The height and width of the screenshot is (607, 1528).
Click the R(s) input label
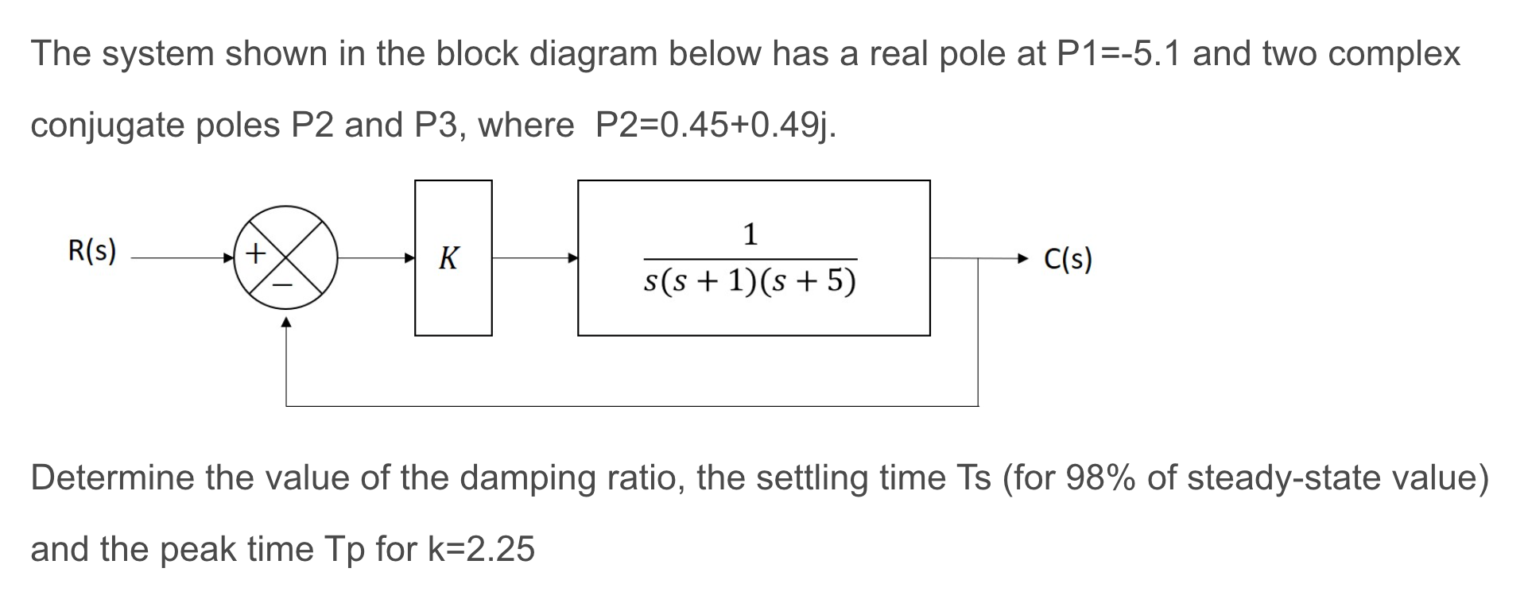click(x=92, y=252)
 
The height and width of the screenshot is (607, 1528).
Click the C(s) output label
click(x=1068, y=259)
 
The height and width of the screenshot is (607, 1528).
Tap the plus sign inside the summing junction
click(x=254, y=253)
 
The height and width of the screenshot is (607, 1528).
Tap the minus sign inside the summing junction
click(x=284, y=284)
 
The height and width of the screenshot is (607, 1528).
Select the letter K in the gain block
click(x=449, y=258)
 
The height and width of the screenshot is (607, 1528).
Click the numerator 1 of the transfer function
click(x=750, y=234)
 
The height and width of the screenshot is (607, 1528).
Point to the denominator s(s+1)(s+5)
click(x=750, y=281)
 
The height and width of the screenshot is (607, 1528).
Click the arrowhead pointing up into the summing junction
click(x=286, y=322)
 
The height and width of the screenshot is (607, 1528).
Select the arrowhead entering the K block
click(x=409, y=258)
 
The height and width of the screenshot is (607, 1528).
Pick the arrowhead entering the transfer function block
click(x=572, y=258)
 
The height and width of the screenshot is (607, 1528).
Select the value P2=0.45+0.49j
click(x=716, y=126)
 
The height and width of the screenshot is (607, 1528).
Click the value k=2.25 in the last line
click(x=481, y=549)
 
